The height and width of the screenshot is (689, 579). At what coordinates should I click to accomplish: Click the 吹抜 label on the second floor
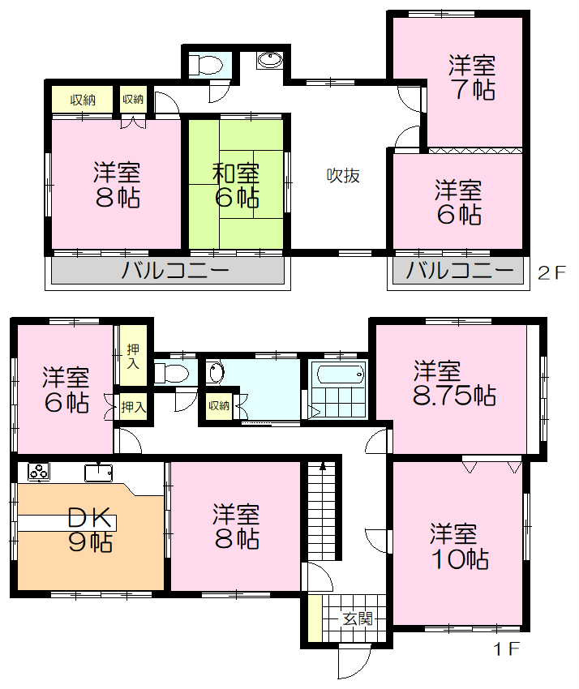[343, 175]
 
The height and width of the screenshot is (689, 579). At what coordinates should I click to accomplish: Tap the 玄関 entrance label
[357, 620]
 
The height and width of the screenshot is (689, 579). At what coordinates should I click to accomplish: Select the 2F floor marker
[551, 272]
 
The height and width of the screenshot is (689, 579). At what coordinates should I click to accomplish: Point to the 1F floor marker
[506, 648]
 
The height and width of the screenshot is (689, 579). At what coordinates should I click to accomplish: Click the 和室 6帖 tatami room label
[236, 185]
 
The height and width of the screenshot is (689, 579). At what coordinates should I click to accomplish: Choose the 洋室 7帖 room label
[473, 78]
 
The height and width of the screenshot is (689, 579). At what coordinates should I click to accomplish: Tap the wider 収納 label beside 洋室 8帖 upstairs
[83, 101]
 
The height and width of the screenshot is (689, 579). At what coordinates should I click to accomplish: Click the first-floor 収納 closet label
[218, 406]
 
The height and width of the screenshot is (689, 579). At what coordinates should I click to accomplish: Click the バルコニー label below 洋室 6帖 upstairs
[460, 271]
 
